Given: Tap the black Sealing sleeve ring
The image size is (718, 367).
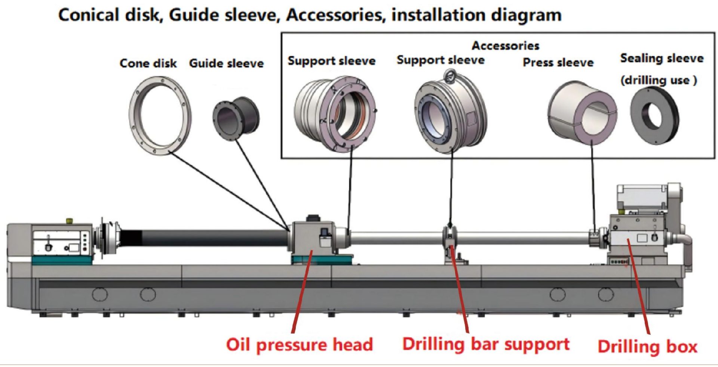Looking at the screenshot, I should click(x=654, y=116).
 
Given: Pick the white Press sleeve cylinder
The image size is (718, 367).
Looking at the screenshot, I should click(x=582, y=113).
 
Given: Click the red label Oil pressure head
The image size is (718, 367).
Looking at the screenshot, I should click(x=300, y=345).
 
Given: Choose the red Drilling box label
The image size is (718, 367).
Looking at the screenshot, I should click(x=647, y=346).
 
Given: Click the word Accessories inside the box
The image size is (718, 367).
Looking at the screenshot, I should click(x=505, y=46).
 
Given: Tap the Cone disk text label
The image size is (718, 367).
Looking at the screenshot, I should click(x=148, y=63).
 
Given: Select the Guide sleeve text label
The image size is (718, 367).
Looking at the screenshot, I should click(x=226, y=63).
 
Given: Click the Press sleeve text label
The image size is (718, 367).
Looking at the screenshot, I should click(x=558, y=62).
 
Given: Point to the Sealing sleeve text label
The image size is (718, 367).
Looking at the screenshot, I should click(x=662, y=58).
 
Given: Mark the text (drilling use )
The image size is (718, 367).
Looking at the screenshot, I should click(x=659, y=80).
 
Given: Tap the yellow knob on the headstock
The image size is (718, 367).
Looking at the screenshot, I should click(x=69, y=221).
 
